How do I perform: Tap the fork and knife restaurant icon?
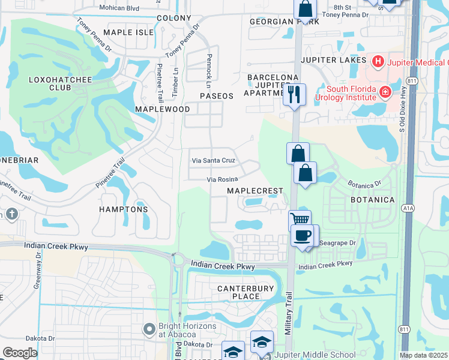(x=294, y=95)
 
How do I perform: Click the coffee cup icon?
(x=302, y=235)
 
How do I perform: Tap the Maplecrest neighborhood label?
(x=255, y=191)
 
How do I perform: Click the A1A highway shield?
(x=408, y=207)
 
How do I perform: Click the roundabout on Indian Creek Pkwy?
(x=178, y=260)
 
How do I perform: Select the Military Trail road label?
(x=289, y=313)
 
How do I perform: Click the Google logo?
(x=20, y=353)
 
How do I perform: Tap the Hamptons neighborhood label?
(x=124, y=209)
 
